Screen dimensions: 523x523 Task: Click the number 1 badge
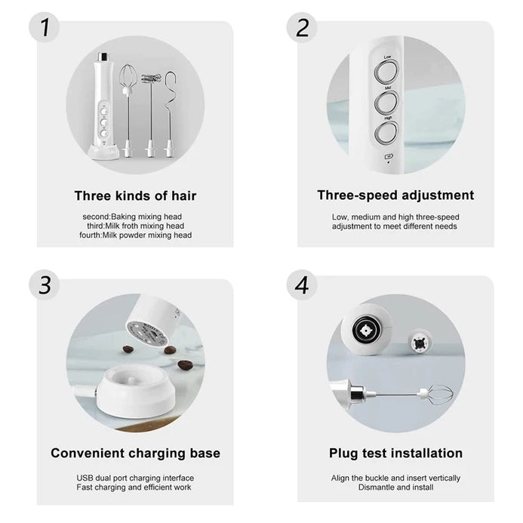pyautogui.click(x=45, y=27)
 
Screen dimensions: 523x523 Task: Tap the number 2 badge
pyautogui.click(x=302, y=27)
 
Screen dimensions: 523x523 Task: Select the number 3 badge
pyautogui.click(x=45, y=285)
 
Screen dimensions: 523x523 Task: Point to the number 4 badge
pyautogui.click(x=302, y=285)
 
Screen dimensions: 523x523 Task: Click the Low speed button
pyautogui.click(x=386, y=72)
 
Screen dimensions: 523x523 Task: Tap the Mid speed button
pyautogui.click(x=386, y=102)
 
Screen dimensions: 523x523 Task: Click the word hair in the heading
pyautogui.click(x=184, y=195)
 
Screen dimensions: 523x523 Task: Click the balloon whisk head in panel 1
pyautogui.click(x=128, y=78)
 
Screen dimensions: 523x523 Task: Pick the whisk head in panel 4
pyautogui.click(x=437, y=394)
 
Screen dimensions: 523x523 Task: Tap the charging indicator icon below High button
pyautogui.click(x=389, y=156)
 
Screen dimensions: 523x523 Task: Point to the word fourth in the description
pyautogui.click(x=90, y=235)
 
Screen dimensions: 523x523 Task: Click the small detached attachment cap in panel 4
pyautogui.click(x=420, y=343)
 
